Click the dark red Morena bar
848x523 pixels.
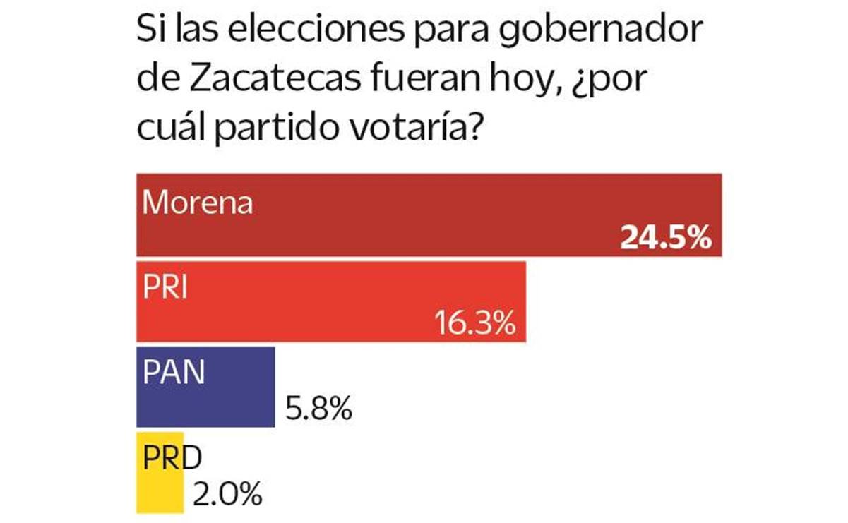click(428, 215)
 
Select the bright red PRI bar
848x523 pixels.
click(330, 302)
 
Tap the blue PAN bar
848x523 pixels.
click(205, 387)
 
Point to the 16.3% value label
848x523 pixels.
click(472, 325)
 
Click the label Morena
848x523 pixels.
click(198, 203)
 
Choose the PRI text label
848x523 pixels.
click(165, 288)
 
